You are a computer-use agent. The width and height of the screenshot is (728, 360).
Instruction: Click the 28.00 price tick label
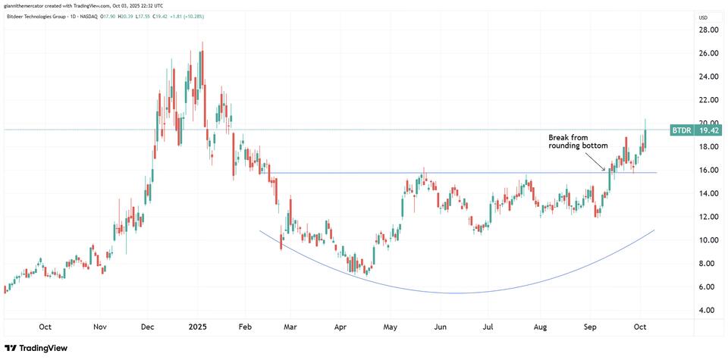coord(708,30)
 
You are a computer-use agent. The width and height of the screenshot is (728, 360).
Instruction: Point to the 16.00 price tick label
coord(708,170)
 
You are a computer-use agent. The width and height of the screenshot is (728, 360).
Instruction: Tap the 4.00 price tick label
coord(708,310)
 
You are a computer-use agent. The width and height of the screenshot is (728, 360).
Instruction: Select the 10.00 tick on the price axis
coord(708,240)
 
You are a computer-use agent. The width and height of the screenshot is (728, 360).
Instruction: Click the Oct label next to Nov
coord(45,327)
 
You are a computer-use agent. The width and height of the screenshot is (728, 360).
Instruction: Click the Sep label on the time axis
coord(588,327)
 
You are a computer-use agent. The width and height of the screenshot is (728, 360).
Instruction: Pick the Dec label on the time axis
coord(148,327)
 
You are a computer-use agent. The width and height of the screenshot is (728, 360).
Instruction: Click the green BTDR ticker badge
coord(681,130)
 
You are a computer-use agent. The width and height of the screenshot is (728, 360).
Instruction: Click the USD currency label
coord(703,17)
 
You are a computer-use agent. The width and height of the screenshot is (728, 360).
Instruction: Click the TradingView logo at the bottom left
coord(36,348)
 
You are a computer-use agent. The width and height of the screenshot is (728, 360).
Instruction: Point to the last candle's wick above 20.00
coord(645,121)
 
